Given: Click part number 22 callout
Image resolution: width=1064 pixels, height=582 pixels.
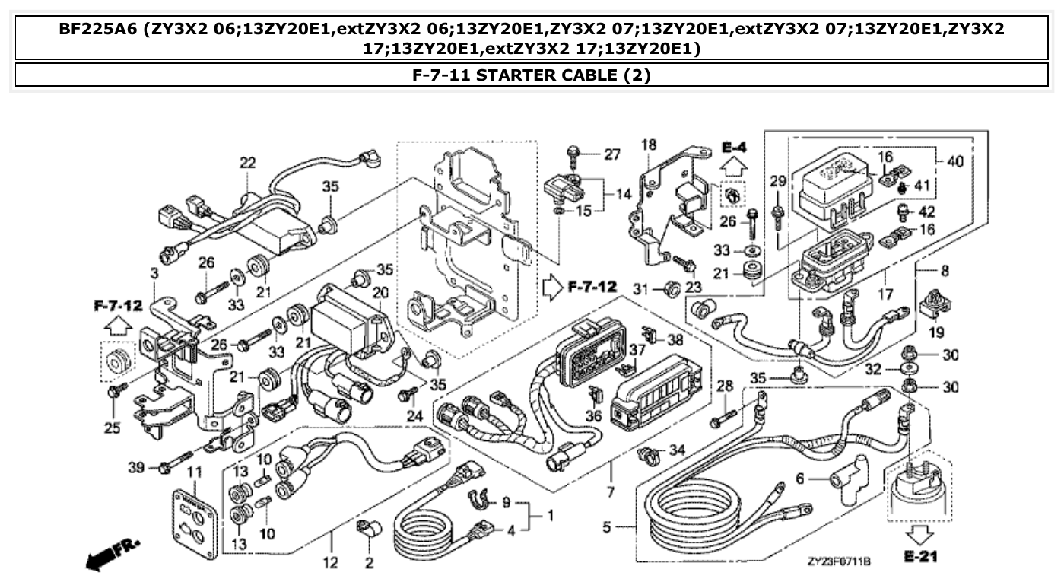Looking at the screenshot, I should tap(248, 163).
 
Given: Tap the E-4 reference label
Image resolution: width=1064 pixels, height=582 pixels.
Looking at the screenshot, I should tap(735, 146).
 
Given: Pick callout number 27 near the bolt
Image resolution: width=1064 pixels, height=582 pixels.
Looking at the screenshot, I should tap(612, 155).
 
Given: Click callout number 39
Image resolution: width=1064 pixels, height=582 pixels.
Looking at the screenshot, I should tap(135, 466).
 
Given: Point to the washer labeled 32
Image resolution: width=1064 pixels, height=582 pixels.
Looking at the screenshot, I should tap(910, 370).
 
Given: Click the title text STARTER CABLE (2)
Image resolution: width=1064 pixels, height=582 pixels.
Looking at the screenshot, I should tap(532, 75).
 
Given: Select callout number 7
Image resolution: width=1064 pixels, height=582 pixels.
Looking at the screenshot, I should tap(610, 492).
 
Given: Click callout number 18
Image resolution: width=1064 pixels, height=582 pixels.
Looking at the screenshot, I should tap(648, 145).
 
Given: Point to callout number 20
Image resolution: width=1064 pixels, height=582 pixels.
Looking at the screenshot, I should tap(380, 293).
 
